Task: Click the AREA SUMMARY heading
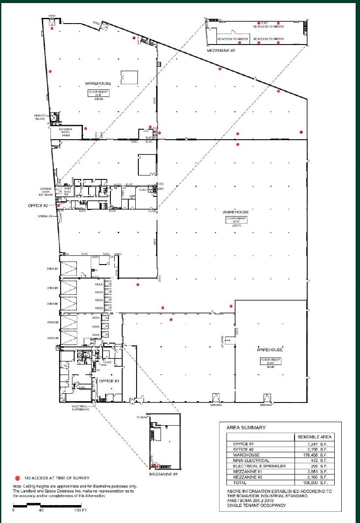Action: [x=246, y=427]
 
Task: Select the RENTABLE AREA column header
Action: [x=315, y=437]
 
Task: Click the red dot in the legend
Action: [x=17, y=478]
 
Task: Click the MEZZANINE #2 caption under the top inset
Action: [x=221, y=51]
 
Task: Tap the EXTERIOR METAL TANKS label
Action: [x=66, y=132]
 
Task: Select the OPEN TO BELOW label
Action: [x=41, y=117]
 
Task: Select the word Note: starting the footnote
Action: [x=17, y=486]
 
